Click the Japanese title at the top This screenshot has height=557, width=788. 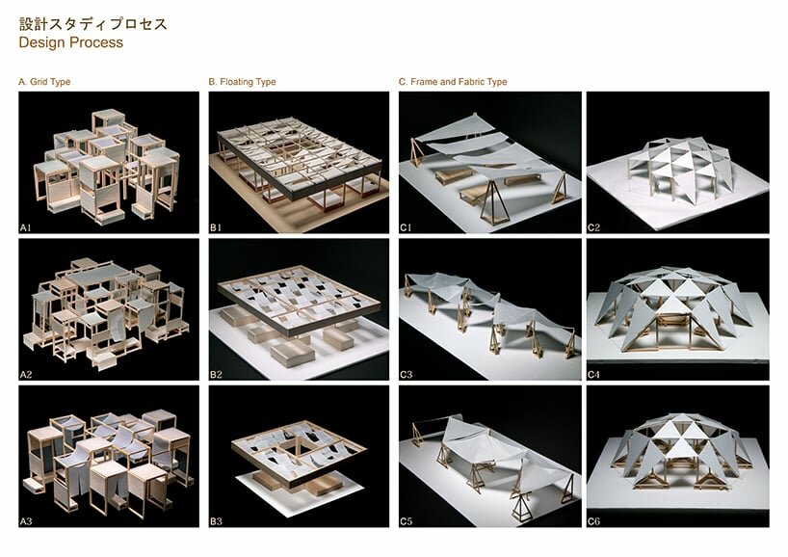[93, 24]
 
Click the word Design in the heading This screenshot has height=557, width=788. [42, 42]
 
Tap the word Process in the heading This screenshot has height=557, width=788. [96, 42]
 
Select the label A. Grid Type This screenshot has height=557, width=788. [44, 82]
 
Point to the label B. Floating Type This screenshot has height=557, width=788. [242, 82]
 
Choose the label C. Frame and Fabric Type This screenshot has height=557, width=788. [453, 82]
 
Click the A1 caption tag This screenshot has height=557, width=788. [26, 227]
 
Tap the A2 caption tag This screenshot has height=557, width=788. [26, 375]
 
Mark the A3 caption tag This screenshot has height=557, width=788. [26, 521]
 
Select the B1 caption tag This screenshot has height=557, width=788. [216, 227]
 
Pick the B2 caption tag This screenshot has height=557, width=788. [216, 375]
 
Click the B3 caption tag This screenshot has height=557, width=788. [216, 521]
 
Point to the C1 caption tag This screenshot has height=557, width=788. [406, 227]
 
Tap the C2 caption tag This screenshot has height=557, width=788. [593, 227]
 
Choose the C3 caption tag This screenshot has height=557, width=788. [407, 375]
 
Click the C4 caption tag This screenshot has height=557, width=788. [593, 375]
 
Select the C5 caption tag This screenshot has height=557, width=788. [407, 521]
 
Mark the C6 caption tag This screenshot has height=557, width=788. [593, 521]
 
